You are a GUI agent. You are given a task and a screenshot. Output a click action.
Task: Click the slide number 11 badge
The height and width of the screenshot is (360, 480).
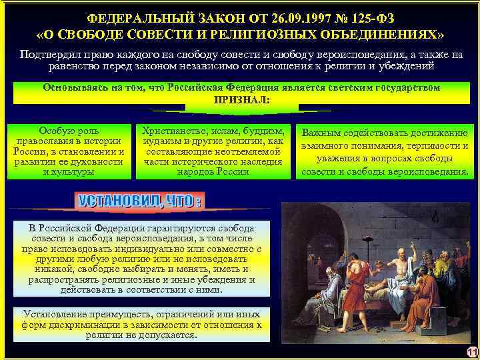(x=472, y=353)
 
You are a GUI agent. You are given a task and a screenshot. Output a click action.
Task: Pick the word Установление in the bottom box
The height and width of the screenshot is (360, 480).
(x=57, y=314)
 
